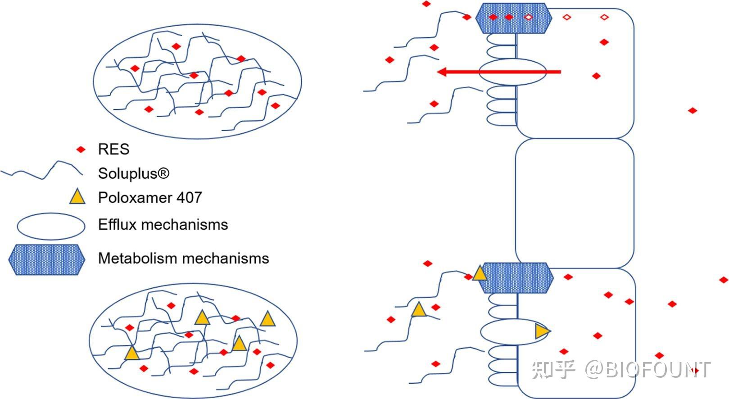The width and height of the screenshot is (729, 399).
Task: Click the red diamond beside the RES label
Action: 81,150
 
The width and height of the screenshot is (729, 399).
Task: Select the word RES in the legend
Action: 113,149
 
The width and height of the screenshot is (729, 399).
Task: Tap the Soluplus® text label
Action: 134,173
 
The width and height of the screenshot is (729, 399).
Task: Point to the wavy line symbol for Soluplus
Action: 41,171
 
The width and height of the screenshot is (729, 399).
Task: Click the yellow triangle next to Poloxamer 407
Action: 77,197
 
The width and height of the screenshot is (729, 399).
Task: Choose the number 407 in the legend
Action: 189,197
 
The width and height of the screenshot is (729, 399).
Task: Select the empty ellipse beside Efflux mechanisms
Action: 51,226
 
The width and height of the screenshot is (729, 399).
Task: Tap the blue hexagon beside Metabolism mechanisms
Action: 46,260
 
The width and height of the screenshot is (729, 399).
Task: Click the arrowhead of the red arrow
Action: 442,72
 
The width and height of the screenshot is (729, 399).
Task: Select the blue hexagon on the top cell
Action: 514,18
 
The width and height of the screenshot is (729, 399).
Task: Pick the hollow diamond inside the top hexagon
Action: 529,18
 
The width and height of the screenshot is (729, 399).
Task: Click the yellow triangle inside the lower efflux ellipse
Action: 542,331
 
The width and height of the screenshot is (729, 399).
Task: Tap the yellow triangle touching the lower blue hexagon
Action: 480,274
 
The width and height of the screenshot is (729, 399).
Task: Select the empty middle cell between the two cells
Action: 575,203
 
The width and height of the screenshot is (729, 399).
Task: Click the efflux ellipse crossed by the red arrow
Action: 512,72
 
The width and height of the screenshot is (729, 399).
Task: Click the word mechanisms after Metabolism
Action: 226,258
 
